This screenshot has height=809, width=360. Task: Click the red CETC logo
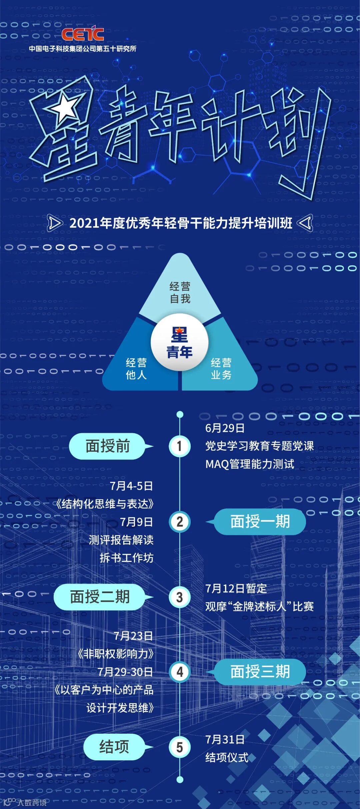click(x=83, y=34)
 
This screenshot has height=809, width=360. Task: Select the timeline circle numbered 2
click(x=180, y=522)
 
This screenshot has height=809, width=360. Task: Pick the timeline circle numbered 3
click(x=180, y=597)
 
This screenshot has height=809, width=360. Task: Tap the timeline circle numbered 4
click(x=180, y=672)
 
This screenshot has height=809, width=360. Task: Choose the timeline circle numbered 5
click(x=180, y=747)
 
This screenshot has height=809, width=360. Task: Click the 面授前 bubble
click(x=107, y=446)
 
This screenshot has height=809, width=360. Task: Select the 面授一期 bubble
click(x=260, y=522)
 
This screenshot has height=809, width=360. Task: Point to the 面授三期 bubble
click(x=260, y=672)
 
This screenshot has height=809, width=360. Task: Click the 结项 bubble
click(x=114, y=747)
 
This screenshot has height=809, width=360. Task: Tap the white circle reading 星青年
click(x=180, y=342)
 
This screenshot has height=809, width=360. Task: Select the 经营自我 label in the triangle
click(x=180, y=293)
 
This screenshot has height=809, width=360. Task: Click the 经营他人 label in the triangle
click(x=136, y=369)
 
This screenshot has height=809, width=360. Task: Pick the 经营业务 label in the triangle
click(x=221, y=369)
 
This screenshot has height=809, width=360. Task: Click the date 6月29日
click(x=225, y=428)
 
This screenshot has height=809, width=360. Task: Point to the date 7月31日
click(x=225, y=740)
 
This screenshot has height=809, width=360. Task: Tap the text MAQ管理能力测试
click(x=250, y=464)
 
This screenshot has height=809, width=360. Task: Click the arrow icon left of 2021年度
click(x=55, y=223)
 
